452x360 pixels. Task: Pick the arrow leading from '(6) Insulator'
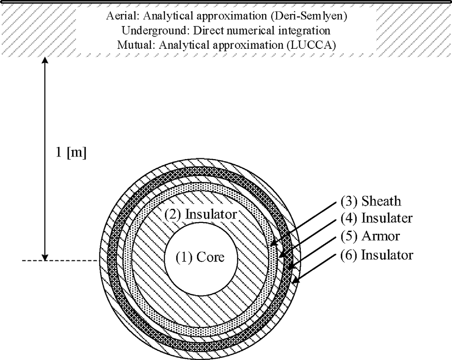pyautogui.click(x=315, y=268)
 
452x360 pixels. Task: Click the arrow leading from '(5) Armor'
pyautogui.click(x=311, y=252)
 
